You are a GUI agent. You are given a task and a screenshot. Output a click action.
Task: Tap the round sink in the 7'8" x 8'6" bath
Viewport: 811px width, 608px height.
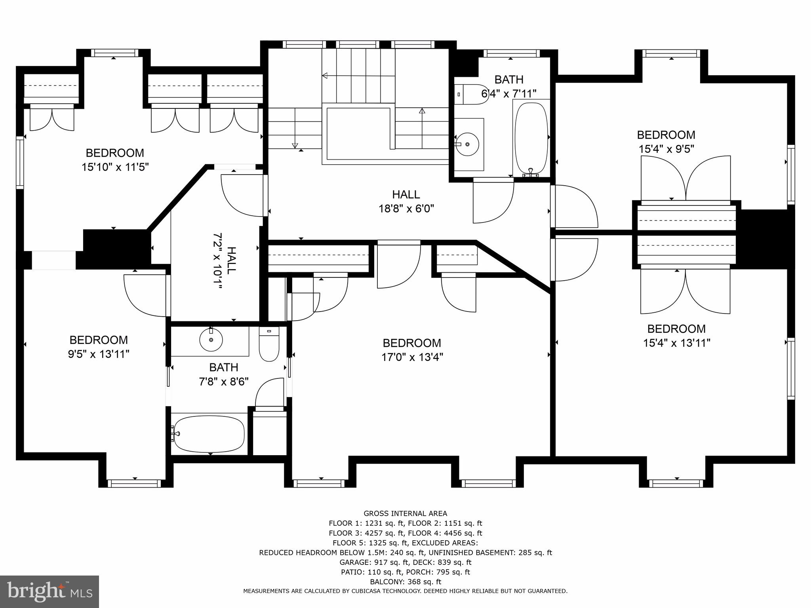coord(211,339)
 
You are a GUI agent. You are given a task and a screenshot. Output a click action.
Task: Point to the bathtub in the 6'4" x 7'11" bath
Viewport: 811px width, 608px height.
coord(531,137)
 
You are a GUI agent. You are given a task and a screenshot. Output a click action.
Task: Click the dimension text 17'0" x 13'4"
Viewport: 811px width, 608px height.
coord(412,357)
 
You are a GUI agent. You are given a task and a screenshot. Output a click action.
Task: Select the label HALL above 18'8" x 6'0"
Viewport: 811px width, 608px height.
coord(406,194)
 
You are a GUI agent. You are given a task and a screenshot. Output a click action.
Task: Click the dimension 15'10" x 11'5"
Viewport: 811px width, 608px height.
coord(115,167)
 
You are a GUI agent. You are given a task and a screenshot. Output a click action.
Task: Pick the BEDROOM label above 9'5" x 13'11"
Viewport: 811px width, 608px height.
coord(99,340)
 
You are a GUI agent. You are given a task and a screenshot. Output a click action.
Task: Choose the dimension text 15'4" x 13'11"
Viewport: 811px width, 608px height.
coord(676,343)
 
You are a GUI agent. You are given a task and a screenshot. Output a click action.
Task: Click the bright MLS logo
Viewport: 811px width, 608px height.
coord(49,591)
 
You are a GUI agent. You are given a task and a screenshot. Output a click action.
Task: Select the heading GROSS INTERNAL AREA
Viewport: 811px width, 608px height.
coord(405,513)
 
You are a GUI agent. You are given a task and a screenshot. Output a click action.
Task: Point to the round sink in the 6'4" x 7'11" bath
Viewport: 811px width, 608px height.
coord(467,144)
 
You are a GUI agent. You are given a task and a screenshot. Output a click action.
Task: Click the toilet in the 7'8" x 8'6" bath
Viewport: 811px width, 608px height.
coord(269,345)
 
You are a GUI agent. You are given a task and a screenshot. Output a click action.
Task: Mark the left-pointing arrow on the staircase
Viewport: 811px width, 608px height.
coord(325,76)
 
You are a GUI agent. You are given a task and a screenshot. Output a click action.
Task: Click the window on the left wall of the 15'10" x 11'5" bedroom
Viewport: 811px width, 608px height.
coord(19,162)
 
